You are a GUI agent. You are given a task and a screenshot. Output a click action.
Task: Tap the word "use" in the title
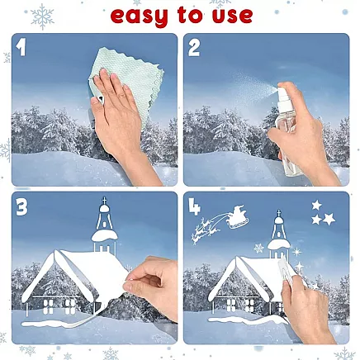pos(232,16)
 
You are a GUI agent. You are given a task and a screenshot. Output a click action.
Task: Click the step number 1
pos(21,47)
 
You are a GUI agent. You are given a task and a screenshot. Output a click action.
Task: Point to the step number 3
pos(21,207)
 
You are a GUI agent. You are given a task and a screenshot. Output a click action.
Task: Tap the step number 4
pos(194,206)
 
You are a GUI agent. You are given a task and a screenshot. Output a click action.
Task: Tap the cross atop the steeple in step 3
pos(104,201)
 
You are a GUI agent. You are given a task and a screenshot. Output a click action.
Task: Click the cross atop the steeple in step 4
pos(278,213)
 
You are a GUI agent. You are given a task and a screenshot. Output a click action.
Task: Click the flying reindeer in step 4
pos(206,230)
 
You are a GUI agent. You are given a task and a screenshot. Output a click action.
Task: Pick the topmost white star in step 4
pos(316,205)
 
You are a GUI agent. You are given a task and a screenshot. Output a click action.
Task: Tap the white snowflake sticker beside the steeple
pos(258,249)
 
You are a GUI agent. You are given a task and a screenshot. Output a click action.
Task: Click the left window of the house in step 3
pos(48,306)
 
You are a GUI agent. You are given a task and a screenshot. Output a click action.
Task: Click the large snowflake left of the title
pos(42,17)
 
